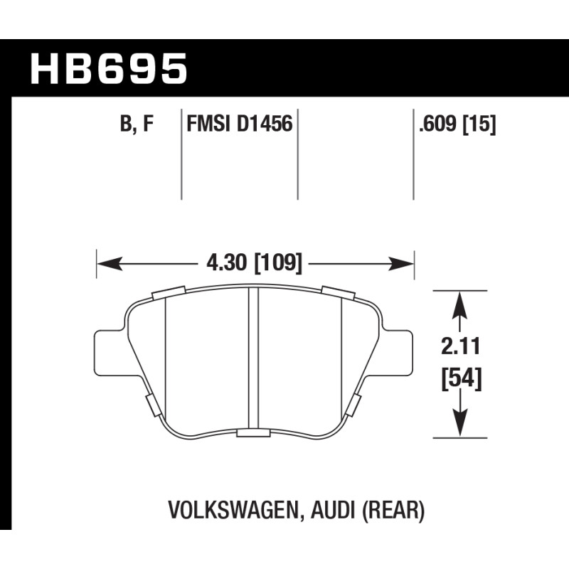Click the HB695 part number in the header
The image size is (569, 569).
(109, 68)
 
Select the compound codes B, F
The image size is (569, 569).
(137, 124)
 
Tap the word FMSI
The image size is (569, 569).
(208, 124)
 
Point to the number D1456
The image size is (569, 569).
(265, 124)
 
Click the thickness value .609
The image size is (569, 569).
(437, 124)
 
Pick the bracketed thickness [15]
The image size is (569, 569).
(479, 124)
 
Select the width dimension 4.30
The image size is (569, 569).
(226, 262)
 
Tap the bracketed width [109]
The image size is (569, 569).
(278, 263)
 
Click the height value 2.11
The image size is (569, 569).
(460, 346)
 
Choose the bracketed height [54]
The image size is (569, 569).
(461, 379)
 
